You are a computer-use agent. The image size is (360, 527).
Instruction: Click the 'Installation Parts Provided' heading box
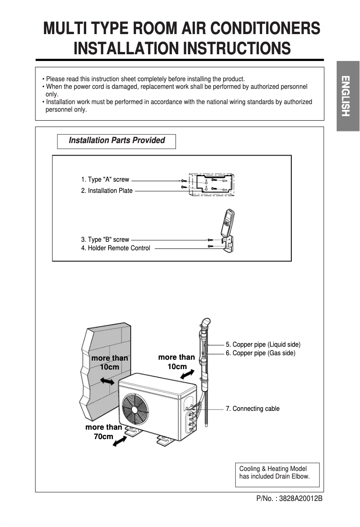pos(116,141)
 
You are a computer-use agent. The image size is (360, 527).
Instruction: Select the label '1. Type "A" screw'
pos(105,179)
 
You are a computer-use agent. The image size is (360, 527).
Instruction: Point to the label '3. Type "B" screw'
pos(105,240)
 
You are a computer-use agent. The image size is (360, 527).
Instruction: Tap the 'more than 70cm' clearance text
pos(104,431)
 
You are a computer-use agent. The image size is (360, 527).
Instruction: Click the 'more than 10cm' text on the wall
pos(110,362)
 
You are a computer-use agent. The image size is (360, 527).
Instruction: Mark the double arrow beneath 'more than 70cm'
pos(119,442)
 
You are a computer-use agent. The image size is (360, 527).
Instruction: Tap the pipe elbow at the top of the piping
pos(205,323)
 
